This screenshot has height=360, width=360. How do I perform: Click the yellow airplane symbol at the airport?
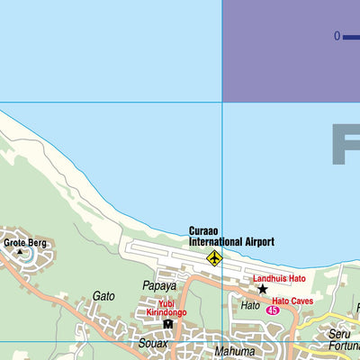click(214, 258)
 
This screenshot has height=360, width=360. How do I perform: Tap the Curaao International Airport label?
click(231, 237)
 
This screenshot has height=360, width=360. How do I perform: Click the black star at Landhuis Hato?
click(263, 290)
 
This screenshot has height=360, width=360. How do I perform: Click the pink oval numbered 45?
click(274, 310)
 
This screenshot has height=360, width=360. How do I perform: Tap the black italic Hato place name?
click(249, 306)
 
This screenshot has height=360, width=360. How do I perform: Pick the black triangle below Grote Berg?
click(21, 251)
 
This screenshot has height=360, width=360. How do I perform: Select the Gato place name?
click(103, 295)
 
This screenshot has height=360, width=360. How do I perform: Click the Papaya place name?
click(159, 286)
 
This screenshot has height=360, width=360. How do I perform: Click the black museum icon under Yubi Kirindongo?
click(166, 324)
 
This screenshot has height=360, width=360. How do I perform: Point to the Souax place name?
click(153, 343)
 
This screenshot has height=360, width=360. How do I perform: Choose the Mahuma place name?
click(235, 352)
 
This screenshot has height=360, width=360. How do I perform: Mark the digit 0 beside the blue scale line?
click(337, 37)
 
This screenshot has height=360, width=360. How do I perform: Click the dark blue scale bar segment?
click(352, 37)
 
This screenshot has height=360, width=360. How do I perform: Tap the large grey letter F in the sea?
click(346, 144)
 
